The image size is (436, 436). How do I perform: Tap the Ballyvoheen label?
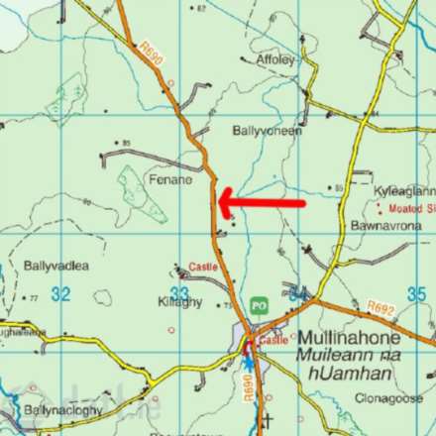tap(267, 130)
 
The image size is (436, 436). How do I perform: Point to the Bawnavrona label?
tap(380, 227)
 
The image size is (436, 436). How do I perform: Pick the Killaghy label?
tap(179, 300)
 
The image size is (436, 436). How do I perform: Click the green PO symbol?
tap(260, 306)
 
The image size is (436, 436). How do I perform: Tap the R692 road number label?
tap(380, 307)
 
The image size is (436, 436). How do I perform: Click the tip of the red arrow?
tap(219, 203)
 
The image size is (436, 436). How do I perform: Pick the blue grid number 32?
tap(61, 293)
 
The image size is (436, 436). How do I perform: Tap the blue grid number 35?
tap(416, 293)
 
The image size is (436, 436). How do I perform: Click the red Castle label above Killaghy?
tap(203, 268)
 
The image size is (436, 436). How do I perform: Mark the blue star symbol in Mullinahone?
tap(247, 362)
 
